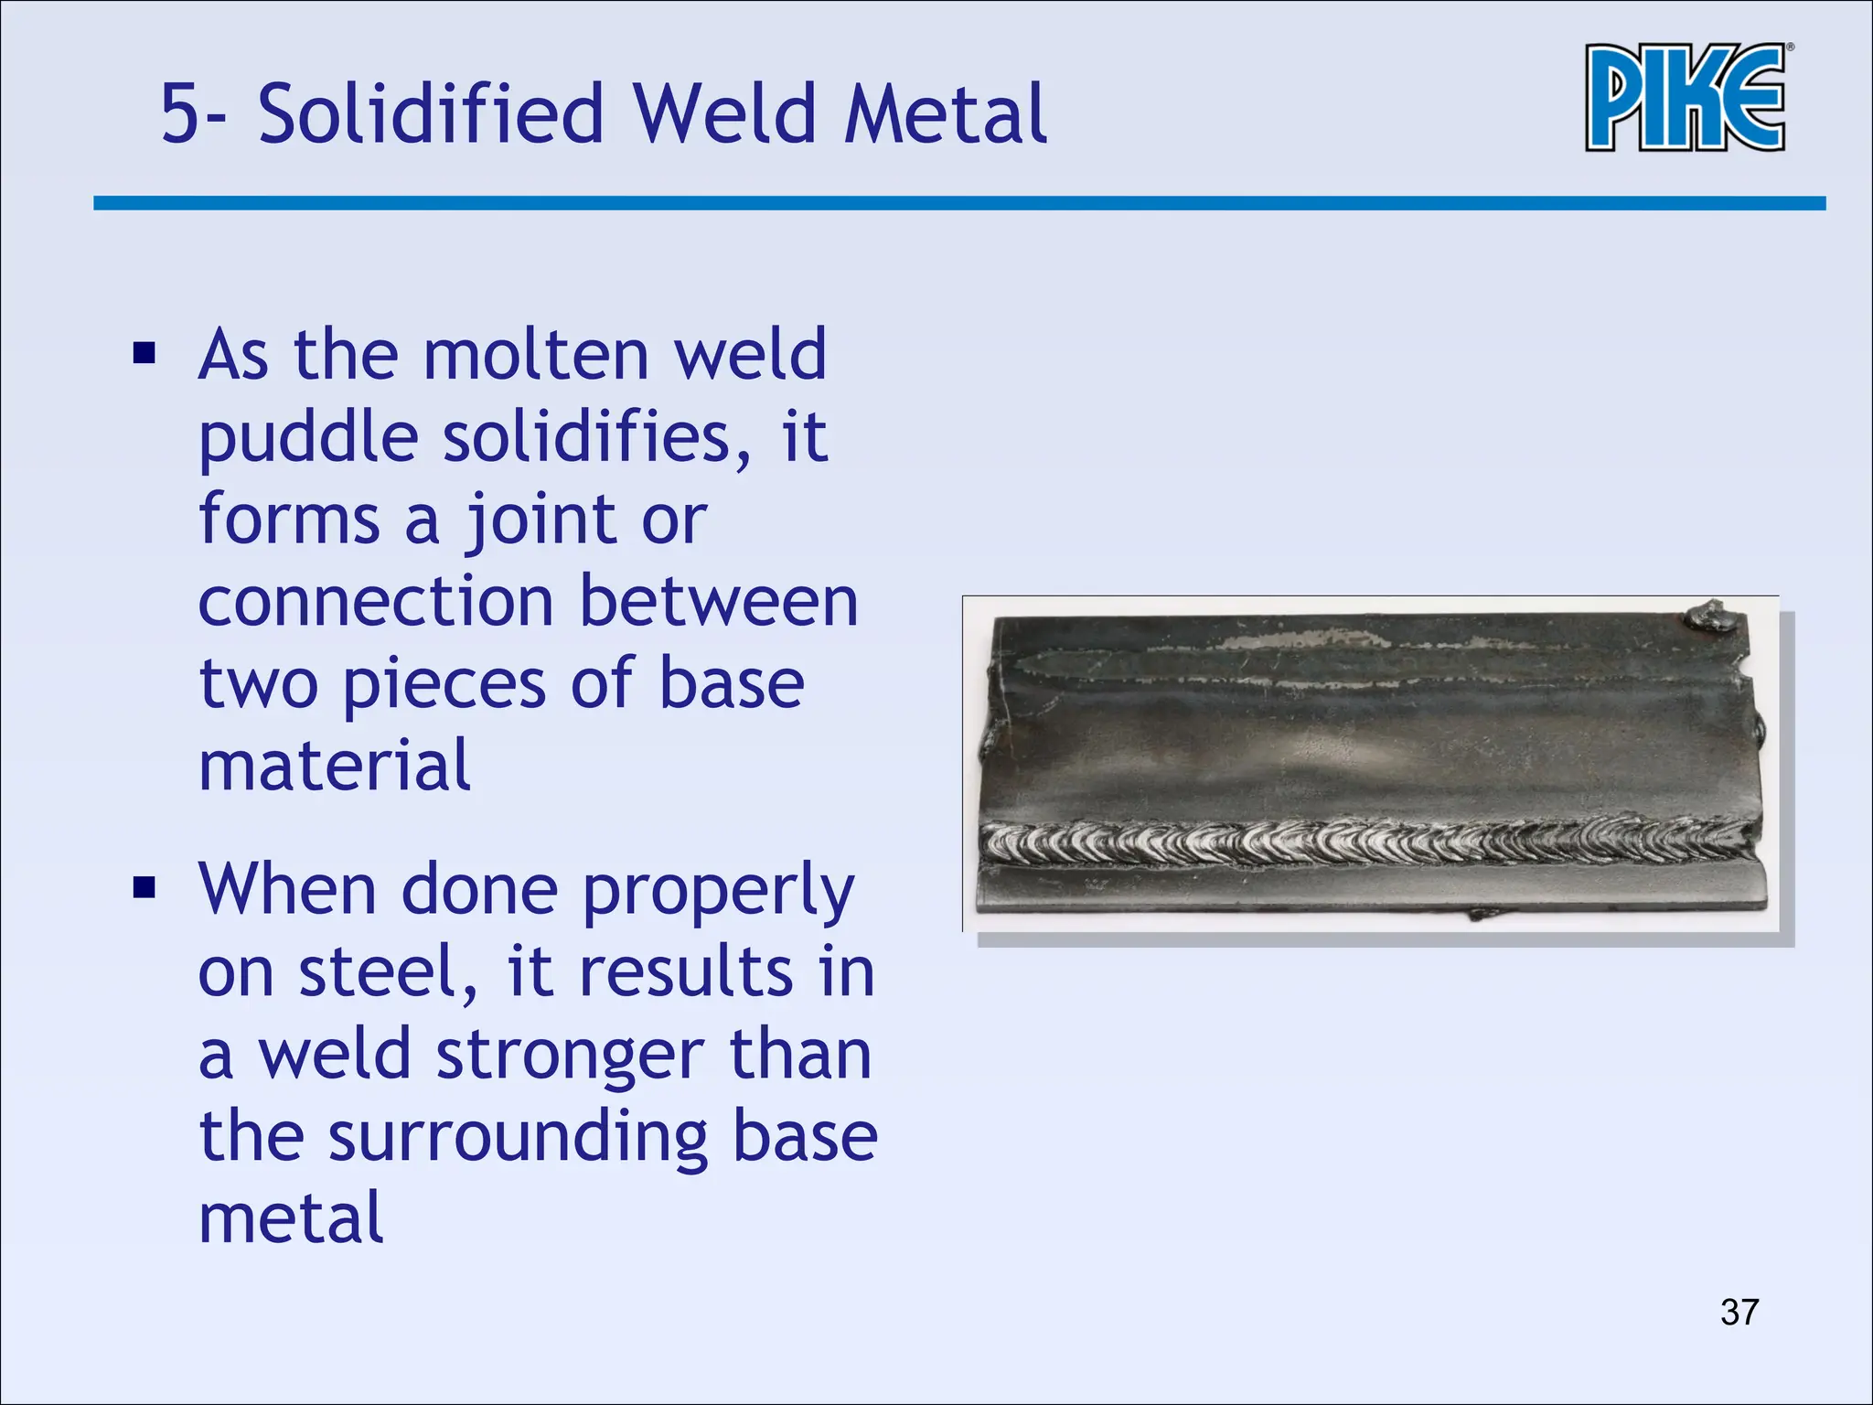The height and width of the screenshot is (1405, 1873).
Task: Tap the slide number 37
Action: pyautogui.click(x=1739, y=1312)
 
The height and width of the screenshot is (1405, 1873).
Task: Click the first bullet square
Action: pyautogui.click(x=144, y=353)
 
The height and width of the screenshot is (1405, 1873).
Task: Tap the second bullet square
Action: pyautogui.click(x=144, y=887)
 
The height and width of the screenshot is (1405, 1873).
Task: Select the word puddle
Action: pyautogui.click(x=308, y=439)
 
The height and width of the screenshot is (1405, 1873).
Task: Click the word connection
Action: pyautogui.click(x=376, y=602)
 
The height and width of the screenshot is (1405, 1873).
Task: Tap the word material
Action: pyautogui.click(x=335, y=766)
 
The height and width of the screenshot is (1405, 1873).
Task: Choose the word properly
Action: pyautogui.click(x=718, y=891)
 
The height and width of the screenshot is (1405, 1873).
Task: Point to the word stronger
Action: pyautogui.click(x=569, y=1056)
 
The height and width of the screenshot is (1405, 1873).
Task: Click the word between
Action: pyautogui.click(x=719, y=602)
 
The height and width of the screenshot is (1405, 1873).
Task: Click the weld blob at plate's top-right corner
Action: pyautogui.click(x=1708, y=616)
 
